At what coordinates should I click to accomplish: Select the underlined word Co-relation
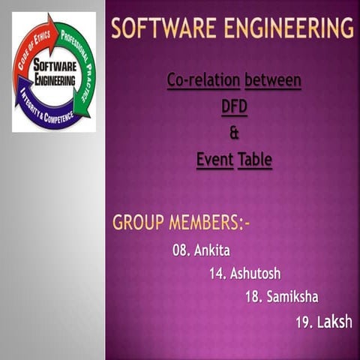[x=204, y=79]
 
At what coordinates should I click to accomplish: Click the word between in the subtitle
[x=273, y=79]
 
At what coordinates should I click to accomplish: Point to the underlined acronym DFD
[x=234, y=106]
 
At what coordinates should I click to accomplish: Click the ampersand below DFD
[x=233, y=133]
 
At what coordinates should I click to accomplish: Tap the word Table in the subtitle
[x=255, y=159]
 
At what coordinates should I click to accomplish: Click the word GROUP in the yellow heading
[x=139, y=223]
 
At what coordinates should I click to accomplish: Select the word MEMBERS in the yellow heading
[x=209, y=223]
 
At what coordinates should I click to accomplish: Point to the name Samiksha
[x=292, y=296]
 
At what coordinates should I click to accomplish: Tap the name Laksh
[x=334, y=322]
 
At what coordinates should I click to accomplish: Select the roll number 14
[x=217, y=273]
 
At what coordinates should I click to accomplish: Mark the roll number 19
[x=304, y=322]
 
